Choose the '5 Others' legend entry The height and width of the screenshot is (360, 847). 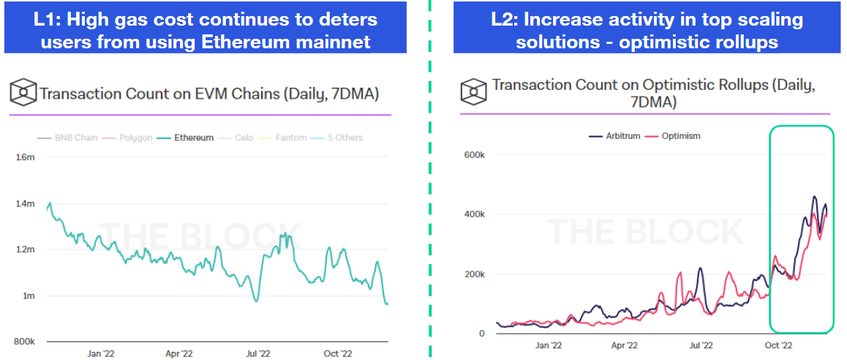[x=340, y=138]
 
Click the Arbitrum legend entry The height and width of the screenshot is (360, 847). [x=618, y=136]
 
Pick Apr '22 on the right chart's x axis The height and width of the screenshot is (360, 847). [x=624, y=345]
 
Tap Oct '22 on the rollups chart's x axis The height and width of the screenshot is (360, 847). [x=777, y=345]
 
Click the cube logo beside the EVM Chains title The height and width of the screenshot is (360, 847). [x=23, y=93]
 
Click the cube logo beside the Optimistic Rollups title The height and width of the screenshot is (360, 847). [x=473, y=92]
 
